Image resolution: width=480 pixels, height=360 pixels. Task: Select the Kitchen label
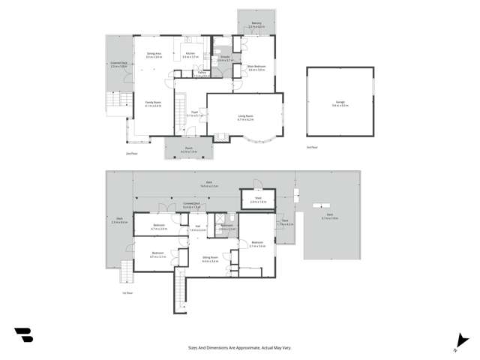click(190, 52)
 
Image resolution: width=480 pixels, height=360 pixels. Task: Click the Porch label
click(189, 149)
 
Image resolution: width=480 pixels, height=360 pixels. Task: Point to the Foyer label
click(194, 112)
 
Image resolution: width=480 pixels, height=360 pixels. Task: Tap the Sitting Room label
click(209, 259)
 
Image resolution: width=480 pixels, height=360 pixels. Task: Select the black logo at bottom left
click(23, 334)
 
